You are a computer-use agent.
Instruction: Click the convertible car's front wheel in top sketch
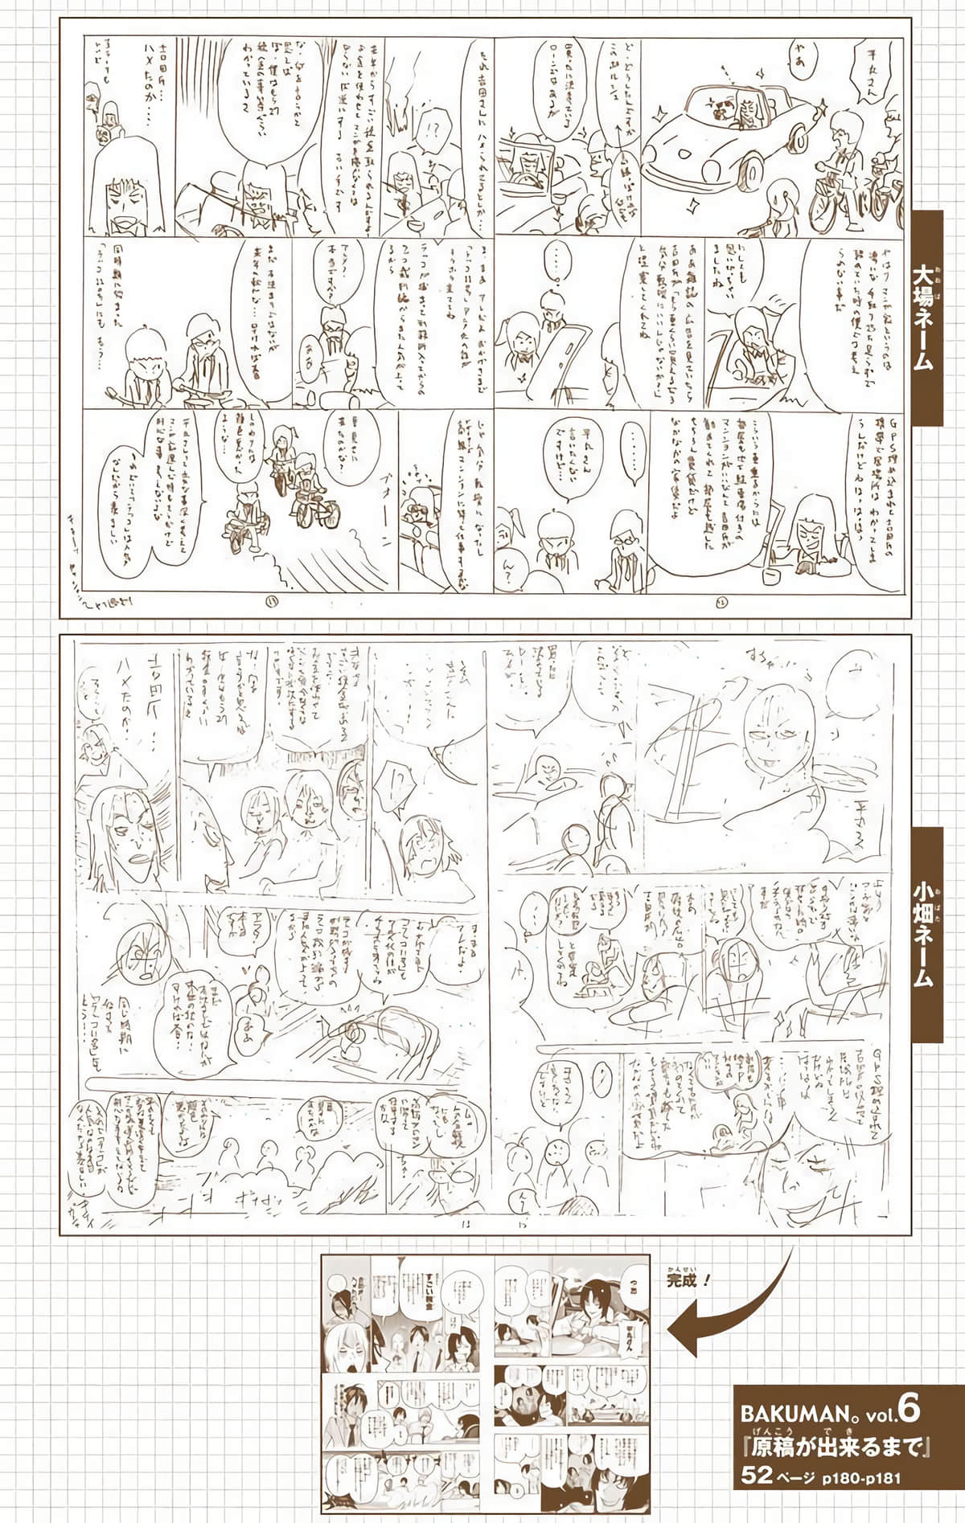(x=752, y=169)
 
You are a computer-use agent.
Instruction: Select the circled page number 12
(x=718, y=600)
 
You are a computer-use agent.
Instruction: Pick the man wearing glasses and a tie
(x=620, y=547)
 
